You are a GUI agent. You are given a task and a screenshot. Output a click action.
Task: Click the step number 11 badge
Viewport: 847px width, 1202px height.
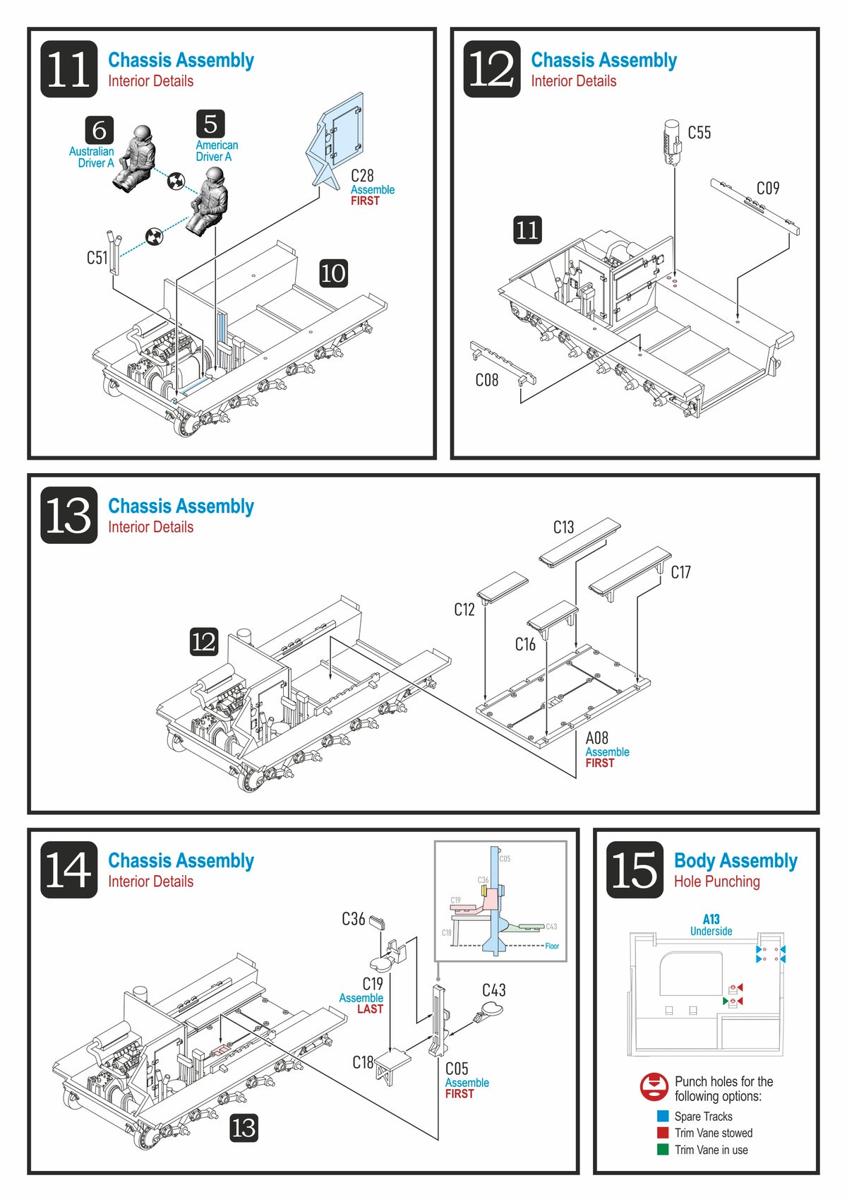click(68, 69)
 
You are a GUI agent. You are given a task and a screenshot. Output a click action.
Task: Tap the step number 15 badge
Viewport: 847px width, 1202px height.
click(635, 869)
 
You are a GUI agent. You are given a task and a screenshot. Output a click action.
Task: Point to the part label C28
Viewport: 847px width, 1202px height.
click(362, 175)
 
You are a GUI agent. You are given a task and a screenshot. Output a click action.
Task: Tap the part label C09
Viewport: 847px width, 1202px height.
click(768, 188)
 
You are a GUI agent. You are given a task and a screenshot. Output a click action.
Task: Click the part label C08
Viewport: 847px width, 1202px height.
click(486, 380)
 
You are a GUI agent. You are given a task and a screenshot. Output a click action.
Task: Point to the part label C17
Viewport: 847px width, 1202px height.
click(680, 572)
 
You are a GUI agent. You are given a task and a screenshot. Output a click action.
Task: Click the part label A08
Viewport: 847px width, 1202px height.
click(596, 737)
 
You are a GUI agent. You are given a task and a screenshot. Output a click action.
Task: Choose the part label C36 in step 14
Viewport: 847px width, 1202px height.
click(353, 919)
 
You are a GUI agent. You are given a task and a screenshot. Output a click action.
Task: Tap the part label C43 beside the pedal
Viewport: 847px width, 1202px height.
click(493, 990)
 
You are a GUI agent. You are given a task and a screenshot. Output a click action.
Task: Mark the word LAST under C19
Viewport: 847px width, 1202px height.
click(370, 1009)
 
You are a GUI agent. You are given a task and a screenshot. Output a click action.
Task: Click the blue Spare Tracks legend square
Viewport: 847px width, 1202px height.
click(663, 1116)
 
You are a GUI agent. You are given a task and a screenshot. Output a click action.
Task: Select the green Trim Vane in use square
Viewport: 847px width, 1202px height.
click(663, 1149)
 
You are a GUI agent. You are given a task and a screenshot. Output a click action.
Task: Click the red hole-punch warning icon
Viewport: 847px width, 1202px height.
click(654, 1087)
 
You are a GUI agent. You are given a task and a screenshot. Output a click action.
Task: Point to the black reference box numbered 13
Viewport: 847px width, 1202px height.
click(244, 1128)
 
